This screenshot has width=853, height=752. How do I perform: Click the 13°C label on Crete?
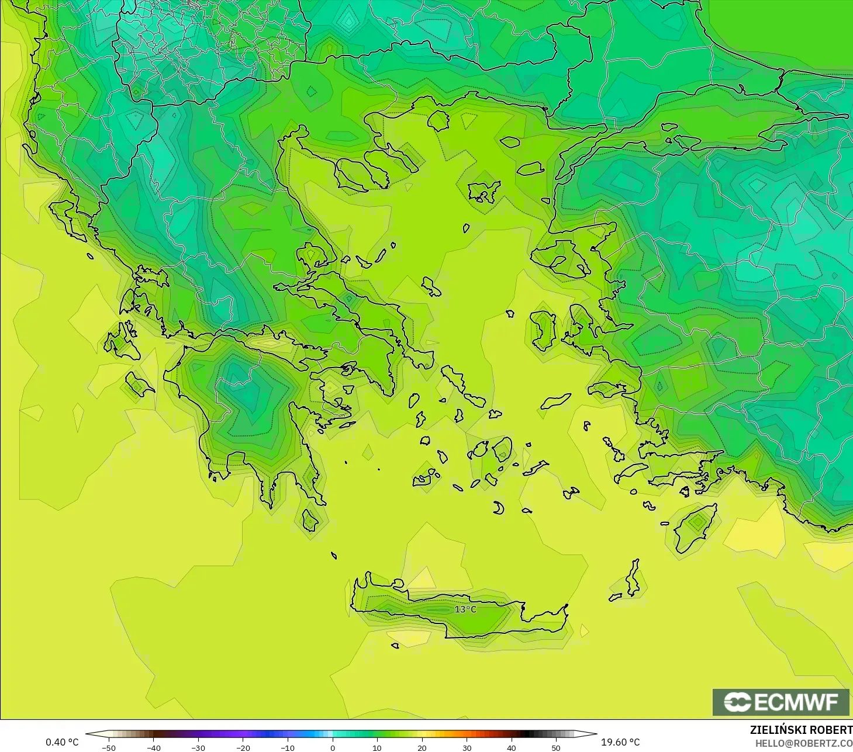coord(465,609)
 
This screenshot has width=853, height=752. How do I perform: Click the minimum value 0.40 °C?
coord(62,742)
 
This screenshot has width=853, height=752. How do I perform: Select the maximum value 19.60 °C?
coord(620,742)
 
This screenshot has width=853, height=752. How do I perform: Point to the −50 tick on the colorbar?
coord(108,747)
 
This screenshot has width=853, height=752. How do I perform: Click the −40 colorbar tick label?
coord(153,747)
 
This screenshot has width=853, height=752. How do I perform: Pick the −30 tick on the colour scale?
coord(198,747)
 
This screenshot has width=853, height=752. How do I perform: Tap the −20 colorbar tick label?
coord(243,747)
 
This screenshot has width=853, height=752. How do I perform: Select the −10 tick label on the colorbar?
coord(288,747)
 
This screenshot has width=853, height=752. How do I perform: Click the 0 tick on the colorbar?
coord(333,747)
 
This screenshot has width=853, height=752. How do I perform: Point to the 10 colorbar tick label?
coord(377,747)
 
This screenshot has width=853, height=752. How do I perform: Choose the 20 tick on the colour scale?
coord(422,747)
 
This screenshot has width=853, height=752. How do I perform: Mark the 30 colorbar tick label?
coord(467,747)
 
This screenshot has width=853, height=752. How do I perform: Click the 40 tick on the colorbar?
coord(512,747)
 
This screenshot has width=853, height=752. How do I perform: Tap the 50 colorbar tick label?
coord(556,747)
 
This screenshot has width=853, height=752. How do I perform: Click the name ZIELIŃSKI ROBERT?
coord(801,730)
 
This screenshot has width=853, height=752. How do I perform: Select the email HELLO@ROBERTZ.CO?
coord(804,743)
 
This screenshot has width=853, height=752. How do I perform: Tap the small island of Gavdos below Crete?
coord(395,646)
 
